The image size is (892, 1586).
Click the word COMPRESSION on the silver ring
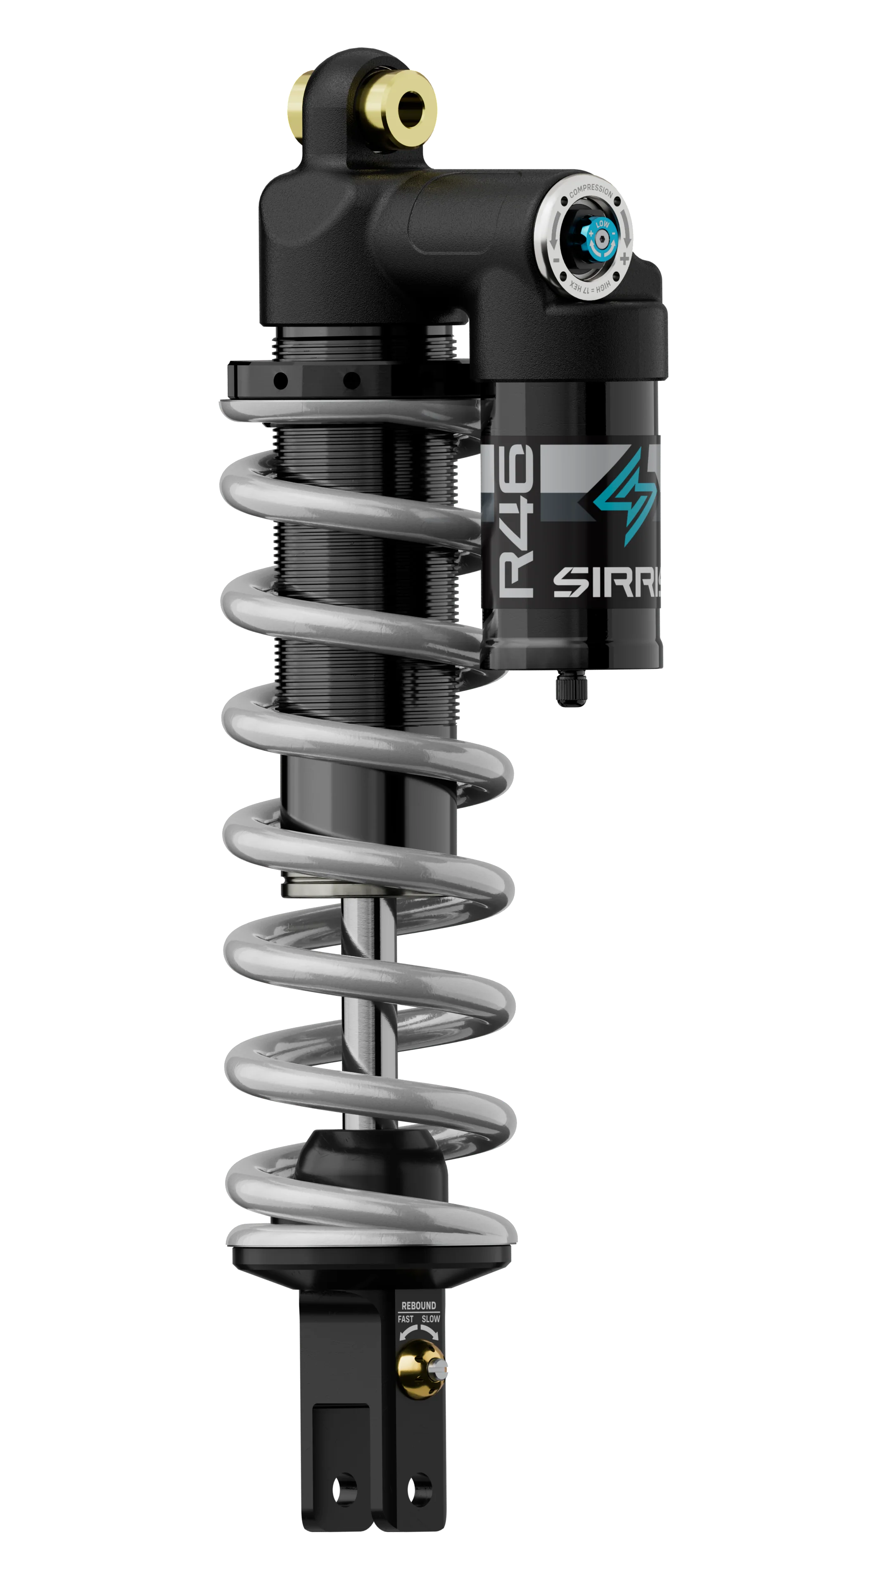[591, 191]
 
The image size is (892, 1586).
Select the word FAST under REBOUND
[406, 1319]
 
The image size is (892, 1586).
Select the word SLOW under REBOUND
[430, 1319]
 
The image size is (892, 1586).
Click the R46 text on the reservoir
[516, 520]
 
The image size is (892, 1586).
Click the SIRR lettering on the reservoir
[606, 582]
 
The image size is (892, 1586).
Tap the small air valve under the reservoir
[571, 690]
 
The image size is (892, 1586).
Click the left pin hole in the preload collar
[281, 380]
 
